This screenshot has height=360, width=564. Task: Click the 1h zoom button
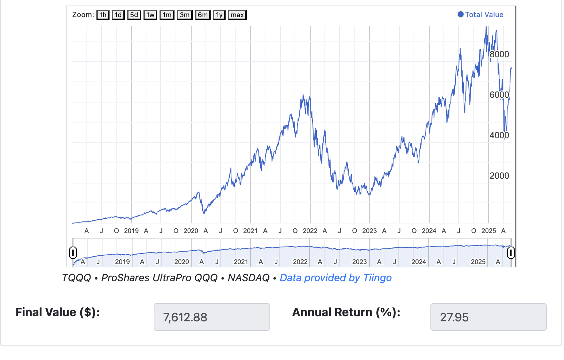click(x=103, y=15)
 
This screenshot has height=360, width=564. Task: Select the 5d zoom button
click(x=134, y=15)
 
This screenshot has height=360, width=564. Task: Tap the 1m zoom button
click(x=167, y=15)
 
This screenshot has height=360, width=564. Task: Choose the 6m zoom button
click(x=203, y=15)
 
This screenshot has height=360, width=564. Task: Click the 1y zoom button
click(x=219, y=15)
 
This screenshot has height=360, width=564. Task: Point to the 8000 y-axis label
click(x=499, y=54)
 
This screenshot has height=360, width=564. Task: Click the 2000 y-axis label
click(x=499, y=176)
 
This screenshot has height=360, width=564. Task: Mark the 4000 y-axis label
click(x=499, y=135)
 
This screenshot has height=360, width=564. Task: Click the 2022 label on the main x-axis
click(x=310, y=231)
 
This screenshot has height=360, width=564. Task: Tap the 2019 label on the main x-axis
click(x=131, y=231)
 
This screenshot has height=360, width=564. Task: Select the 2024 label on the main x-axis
click(x=429, y=231)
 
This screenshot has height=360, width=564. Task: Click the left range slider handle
click(x=73, y=252)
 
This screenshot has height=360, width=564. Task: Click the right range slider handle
click(x=511, y=252)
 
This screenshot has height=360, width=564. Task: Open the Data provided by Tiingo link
click(x=335, y=278)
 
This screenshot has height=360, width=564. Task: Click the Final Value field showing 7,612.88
click(x=212, y=317)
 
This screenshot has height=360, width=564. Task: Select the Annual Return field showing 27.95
click(x=488, y=317)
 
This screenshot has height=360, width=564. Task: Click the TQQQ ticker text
click(x=77, y=278)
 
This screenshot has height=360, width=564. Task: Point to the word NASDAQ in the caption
click(x=248, y=278)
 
